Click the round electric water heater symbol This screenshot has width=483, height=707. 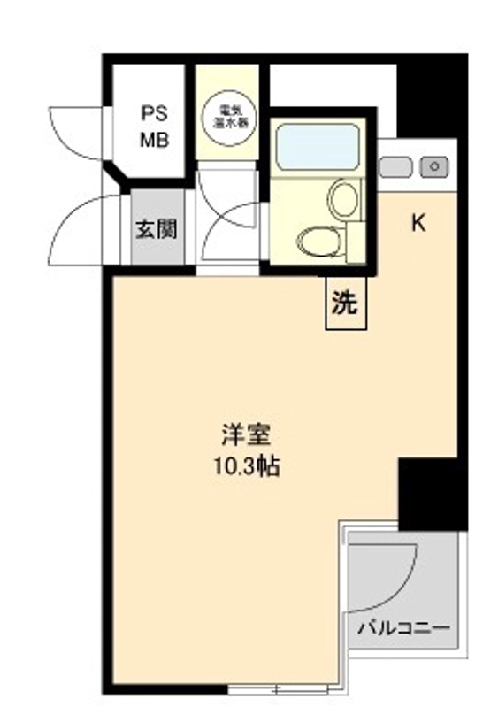coord(227,115)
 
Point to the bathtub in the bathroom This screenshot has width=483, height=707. coord(316,145)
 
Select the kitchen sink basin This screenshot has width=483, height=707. coord(397,165)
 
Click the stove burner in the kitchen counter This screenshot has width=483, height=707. coord(434,165)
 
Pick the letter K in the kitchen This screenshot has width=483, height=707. coord(418,223)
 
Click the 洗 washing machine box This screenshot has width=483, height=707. coord(344,304)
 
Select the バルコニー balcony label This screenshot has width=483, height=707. coord(403,629)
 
